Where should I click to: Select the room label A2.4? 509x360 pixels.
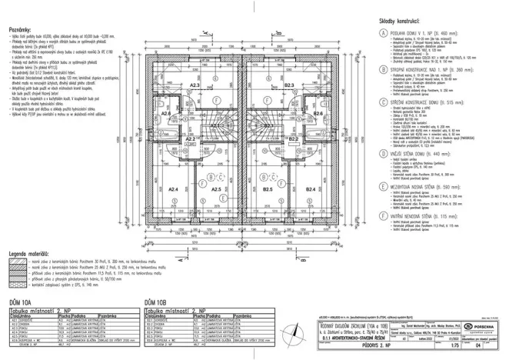coord(173,188)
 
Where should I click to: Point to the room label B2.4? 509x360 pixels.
coord(311,188)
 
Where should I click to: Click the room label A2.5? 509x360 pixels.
coord(216,188)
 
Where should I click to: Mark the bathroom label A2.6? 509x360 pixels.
coord(165,113)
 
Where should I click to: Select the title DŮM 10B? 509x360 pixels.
coord(155,302)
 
